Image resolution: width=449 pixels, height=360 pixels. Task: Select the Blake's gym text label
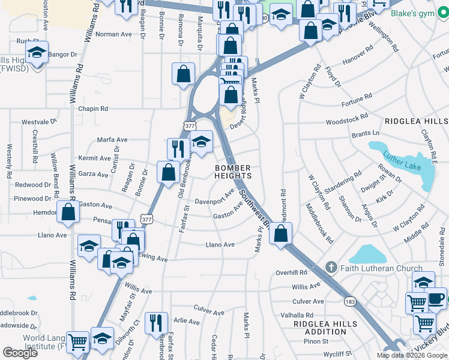coord(418,13)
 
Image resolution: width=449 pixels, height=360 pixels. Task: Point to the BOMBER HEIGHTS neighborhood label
coord(233,172)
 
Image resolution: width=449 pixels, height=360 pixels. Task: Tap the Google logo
coord(20,353)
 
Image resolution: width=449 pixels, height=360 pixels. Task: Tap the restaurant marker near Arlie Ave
coord(156,322)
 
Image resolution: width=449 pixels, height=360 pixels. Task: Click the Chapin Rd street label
coord(93,109)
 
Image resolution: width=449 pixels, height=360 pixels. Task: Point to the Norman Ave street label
coord(113,34)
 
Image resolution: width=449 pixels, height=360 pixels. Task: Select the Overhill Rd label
coord(291,272)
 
